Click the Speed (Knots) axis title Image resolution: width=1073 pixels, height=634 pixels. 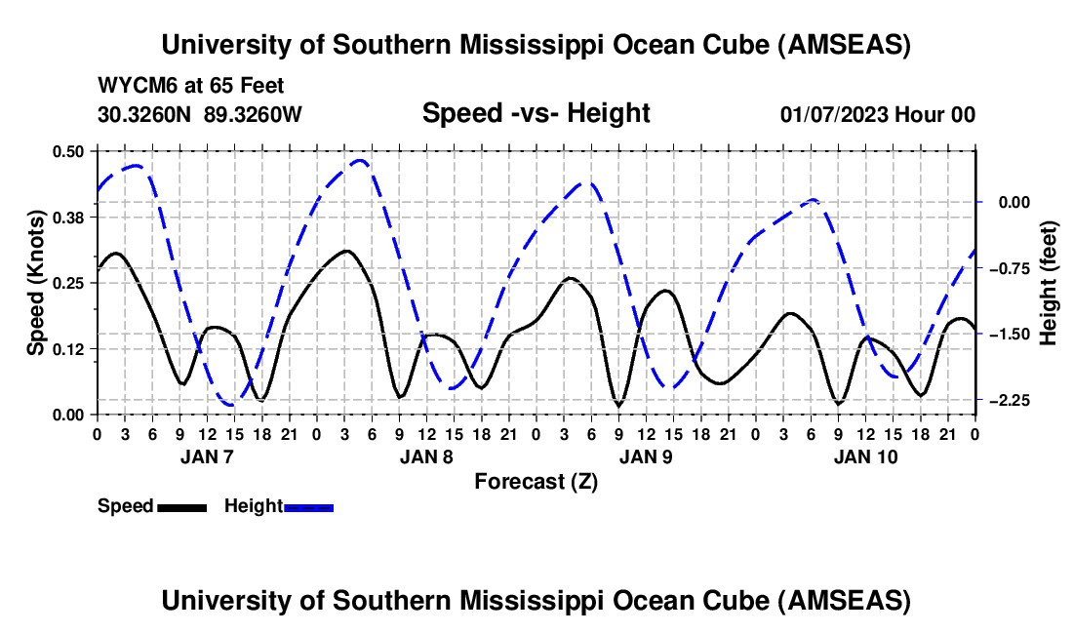coord(35,282)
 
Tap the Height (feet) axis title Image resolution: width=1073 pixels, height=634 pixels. coord(1049,282)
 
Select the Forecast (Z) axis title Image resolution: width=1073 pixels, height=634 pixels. coord(536,481)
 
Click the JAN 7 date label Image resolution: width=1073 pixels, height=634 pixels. coord(207,456)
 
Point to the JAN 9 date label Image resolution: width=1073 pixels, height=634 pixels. coord(646,456)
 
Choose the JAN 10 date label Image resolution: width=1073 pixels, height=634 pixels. coord(865,456)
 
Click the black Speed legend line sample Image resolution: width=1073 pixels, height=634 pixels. coord(182,506)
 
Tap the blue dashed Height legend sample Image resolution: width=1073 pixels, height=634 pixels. coord(309,506)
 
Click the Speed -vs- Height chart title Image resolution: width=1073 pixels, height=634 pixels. coord(536,113)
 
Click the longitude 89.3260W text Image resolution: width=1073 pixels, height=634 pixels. coord(254,115)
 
